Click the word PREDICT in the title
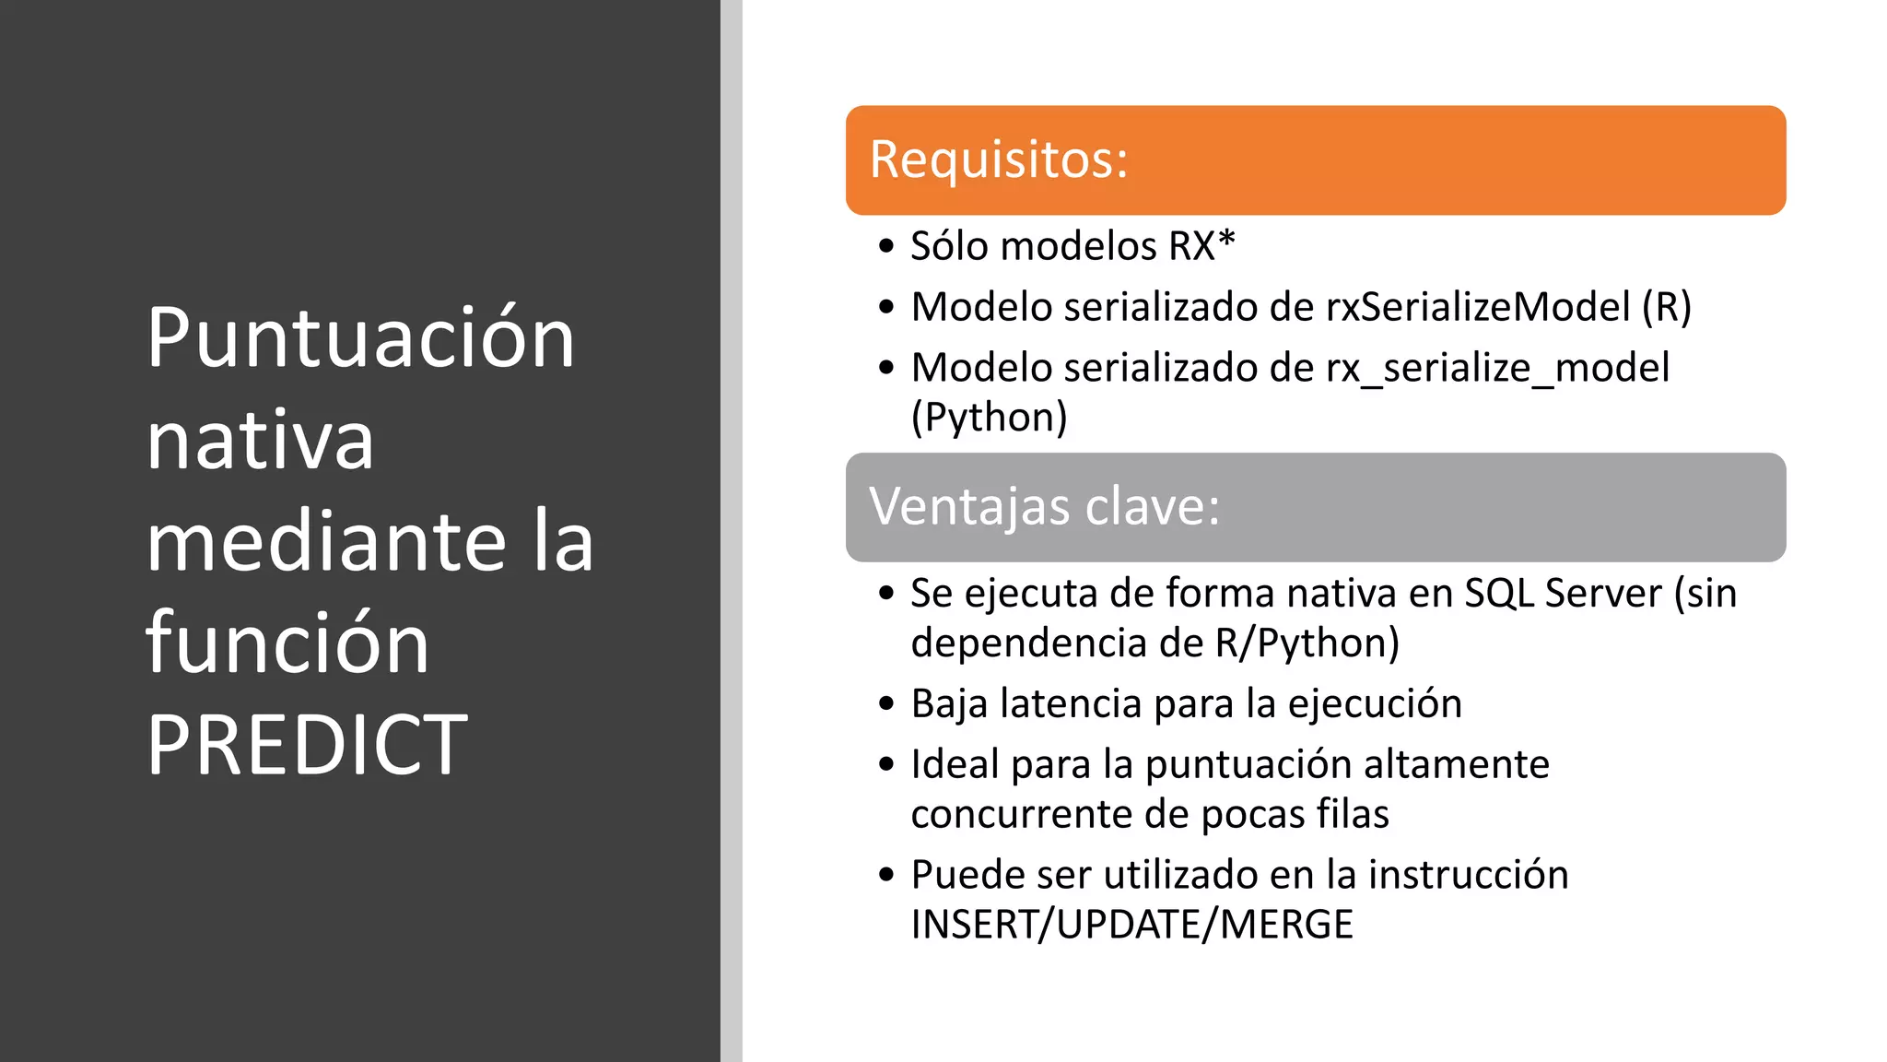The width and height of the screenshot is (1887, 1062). [x=307, y=745]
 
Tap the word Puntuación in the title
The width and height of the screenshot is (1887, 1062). [x=360, y=338]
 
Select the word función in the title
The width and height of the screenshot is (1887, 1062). [x=287, y=643]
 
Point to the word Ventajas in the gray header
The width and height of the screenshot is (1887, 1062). [x=969, y=506]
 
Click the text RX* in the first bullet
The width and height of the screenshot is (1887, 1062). [x=1201, y=246]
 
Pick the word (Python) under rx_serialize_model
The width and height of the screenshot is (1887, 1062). [x=989, y=418]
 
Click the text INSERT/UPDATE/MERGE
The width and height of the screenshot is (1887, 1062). [x=1131, y=925]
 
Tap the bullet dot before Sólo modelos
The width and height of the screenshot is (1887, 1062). [x=886, y=247]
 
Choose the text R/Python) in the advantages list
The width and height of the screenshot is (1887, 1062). [x=1307, y=643]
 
